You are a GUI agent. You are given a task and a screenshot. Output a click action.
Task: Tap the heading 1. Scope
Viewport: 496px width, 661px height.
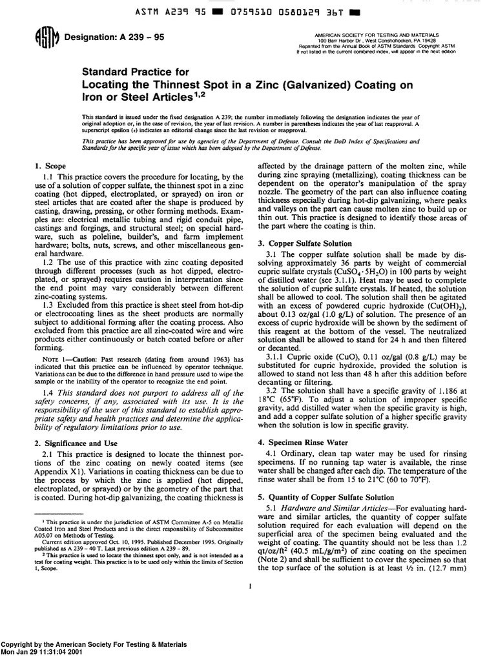point(49,166)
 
